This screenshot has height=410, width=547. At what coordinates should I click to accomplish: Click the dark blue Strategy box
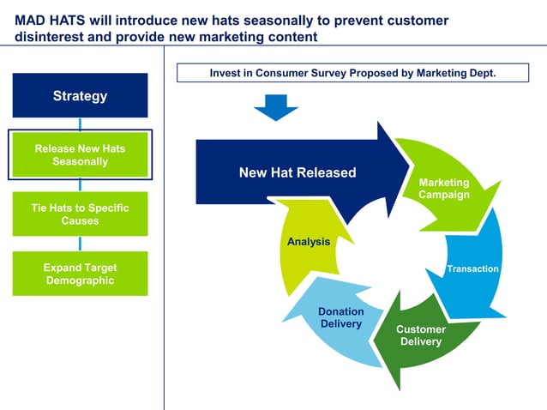80,95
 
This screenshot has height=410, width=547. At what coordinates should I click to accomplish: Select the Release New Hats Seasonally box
80,154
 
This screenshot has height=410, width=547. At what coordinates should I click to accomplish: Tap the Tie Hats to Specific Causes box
80,214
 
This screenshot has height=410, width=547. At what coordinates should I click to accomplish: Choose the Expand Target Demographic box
80,274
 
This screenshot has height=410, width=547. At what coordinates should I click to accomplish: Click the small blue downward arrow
275,106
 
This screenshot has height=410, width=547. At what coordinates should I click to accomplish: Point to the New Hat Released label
297,172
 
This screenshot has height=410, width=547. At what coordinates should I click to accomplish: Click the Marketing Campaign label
443,189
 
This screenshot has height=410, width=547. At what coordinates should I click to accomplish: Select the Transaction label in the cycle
472,268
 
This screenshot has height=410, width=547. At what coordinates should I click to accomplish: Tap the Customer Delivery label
420,335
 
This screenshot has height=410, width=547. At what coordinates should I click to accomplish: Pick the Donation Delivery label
341,317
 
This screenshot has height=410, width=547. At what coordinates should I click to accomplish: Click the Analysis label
309,242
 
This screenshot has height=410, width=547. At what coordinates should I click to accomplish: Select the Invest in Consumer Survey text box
352,74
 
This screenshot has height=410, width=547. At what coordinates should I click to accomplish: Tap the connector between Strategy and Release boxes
80,124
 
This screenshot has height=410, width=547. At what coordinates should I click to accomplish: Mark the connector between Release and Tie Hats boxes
80,185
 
